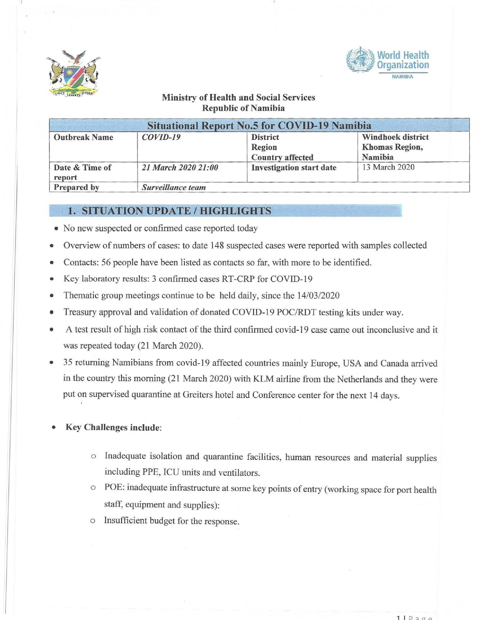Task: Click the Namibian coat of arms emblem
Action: [x=73, y=74]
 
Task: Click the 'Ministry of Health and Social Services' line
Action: [x=238, y=97]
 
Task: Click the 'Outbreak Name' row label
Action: [x=83, y=137]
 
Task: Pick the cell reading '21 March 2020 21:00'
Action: [x=180, y=168]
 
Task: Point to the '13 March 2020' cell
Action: [x=388, y=167]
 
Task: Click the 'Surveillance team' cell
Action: [x=174, y=187]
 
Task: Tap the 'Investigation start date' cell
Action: [x=294, y=168]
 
